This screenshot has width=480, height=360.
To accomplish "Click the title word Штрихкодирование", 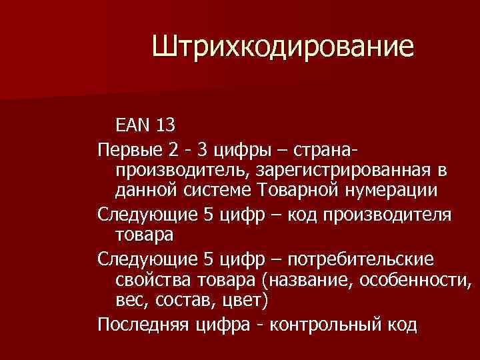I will point(283,47).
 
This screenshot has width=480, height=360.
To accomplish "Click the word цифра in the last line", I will point(226,325).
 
